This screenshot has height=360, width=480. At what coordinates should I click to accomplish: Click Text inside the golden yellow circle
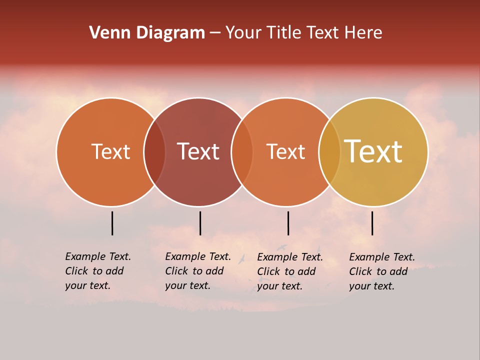(373, 151)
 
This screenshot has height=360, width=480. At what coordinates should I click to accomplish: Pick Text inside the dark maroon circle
(198, 151)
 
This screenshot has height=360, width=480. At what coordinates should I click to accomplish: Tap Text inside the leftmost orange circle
(110, 151)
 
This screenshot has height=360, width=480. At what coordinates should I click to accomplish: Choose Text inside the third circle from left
(286, 151)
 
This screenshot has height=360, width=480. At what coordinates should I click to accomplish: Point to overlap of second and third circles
(242, 152)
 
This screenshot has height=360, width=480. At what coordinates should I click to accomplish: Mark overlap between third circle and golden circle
(329, 152)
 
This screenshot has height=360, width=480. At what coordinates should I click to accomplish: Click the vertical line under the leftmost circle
(112, 223)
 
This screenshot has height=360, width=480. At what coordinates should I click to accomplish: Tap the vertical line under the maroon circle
(200, 223)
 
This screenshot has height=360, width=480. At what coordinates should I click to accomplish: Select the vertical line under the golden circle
(372, 223)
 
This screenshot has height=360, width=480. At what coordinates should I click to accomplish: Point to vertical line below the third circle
(288, 223)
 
